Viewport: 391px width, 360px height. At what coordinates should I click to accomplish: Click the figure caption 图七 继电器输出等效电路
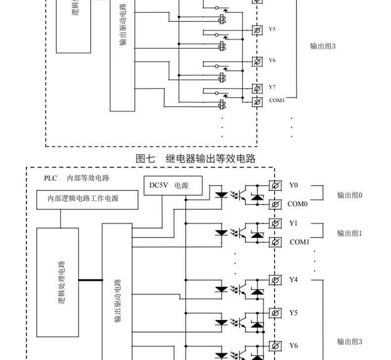pos(195,159)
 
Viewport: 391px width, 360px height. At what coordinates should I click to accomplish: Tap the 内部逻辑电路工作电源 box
pos(83,198)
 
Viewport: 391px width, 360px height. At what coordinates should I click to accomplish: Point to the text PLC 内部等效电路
pos(76,178)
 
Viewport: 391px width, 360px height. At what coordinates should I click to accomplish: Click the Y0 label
pos(293,185)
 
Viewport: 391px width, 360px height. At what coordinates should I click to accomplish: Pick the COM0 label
pos(297,204)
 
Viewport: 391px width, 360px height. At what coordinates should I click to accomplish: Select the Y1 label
pos(293,223)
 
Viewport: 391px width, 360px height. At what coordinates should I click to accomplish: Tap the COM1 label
pos(299,242)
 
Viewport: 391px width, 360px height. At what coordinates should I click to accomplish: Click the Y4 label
pos(293,279)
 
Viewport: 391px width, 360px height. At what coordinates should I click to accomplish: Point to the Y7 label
pos(272,87)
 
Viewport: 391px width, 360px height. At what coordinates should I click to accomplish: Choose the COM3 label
pos(277,100)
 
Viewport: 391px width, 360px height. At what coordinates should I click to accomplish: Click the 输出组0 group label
pos(350,195)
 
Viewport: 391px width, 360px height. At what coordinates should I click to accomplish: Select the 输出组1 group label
pos(350,233)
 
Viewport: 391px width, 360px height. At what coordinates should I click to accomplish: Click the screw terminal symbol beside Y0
pos(275,185)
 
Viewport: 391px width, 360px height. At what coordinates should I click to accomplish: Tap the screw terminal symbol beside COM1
pos(275,242)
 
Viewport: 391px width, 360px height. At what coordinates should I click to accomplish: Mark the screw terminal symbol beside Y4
pos(275,280)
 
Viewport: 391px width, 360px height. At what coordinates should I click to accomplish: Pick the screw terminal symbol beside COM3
pos(257,102)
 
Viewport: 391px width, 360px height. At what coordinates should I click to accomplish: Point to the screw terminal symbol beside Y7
pos(257,89)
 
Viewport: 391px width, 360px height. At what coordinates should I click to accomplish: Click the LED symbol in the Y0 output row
pos(221,194)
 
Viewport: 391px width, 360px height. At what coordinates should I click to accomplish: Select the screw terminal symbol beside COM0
pos(275,204)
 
